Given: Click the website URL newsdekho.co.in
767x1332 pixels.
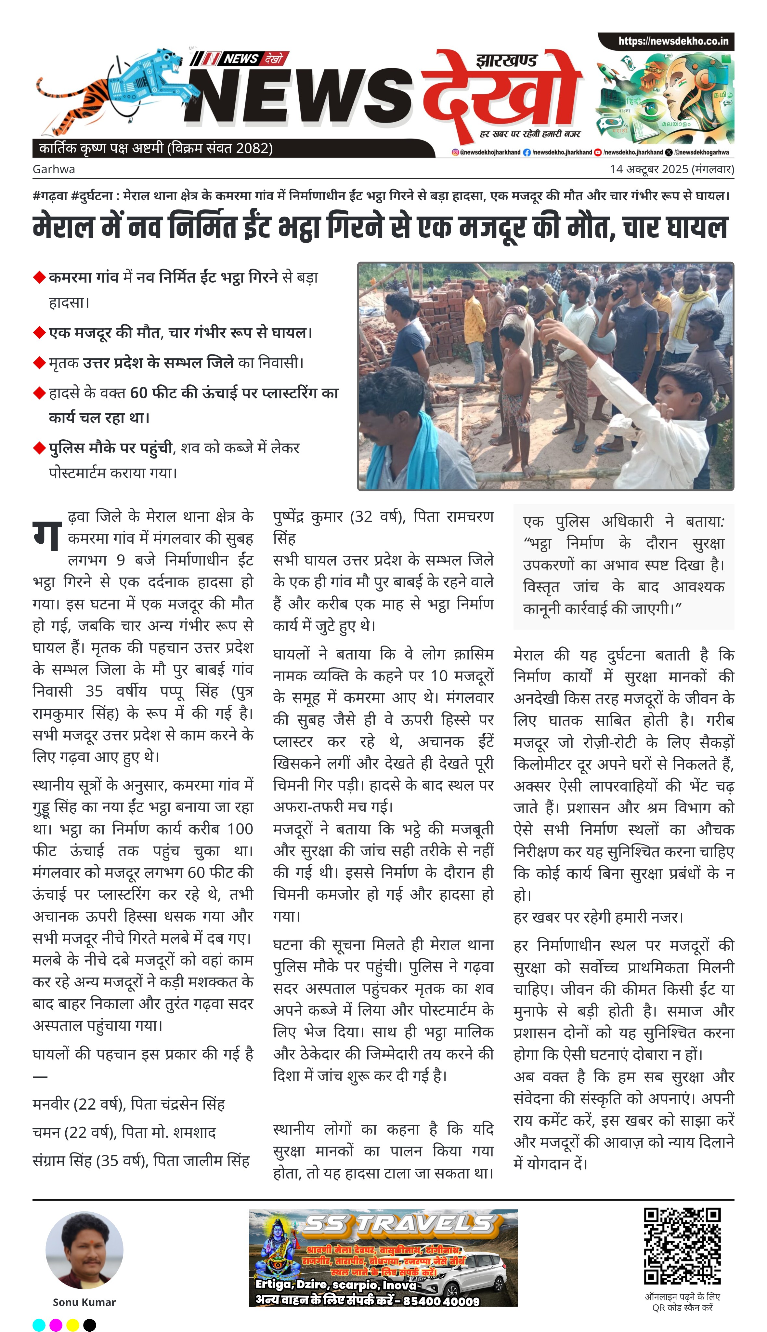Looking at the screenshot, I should (673, 41).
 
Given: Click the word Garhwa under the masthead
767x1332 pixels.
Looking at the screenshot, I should (54, 169).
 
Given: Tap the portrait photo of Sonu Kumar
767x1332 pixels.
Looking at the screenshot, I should (84, 1250).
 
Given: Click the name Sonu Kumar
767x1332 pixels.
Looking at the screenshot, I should (84, 1302).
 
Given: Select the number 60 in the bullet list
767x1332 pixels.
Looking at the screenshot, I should (138, 393).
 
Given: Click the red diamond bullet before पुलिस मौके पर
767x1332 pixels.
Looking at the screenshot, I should (39, 448).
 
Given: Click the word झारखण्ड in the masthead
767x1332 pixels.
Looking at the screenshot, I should (506, 60).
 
